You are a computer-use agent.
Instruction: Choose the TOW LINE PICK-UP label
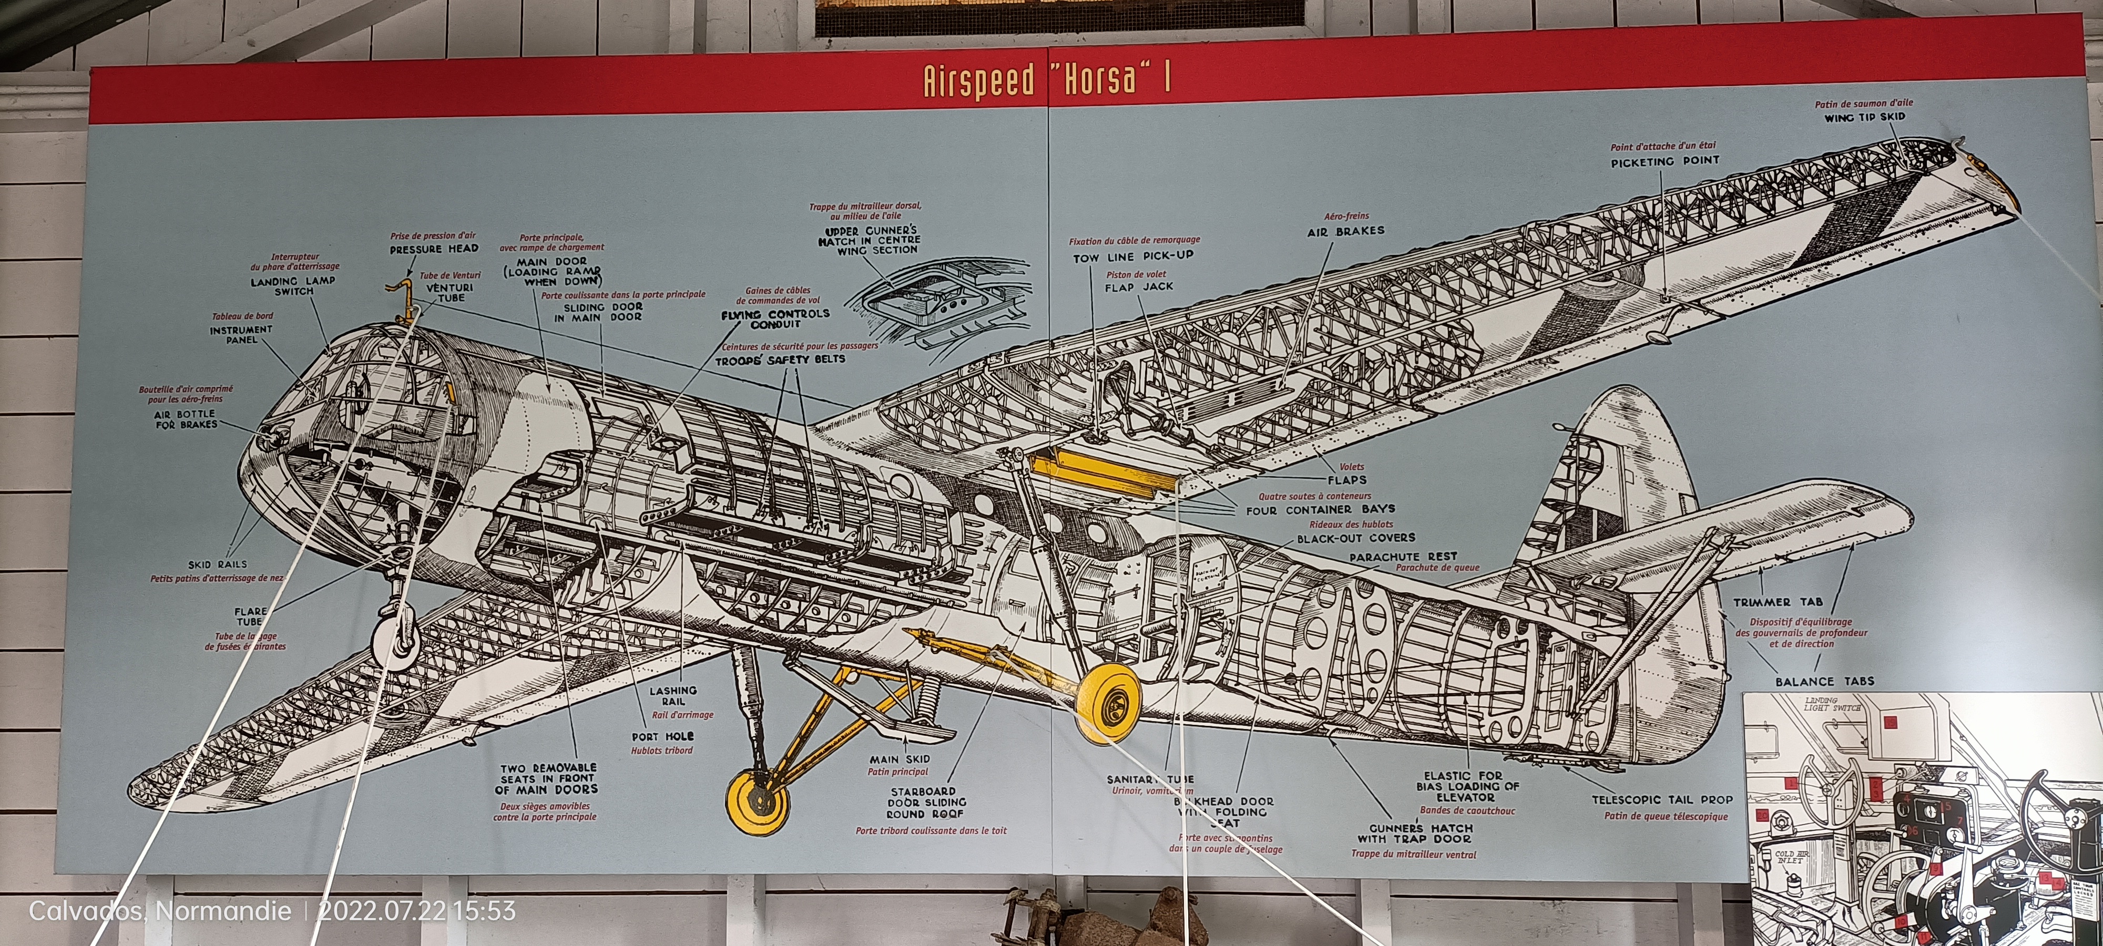[x=1133, y=257]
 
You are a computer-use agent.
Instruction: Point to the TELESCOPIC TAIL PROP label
[x=1661, y=800]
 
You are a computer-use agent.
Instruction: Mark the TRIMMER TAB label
[x=1777, y=602]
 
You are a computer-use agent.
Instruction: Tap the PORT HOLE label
[x=662, y=736]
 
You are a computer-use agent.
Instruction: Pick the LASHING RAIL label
[x=673, y=695]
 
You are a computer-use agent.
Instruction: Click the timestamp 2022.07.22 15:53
[x=416, y=911]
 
